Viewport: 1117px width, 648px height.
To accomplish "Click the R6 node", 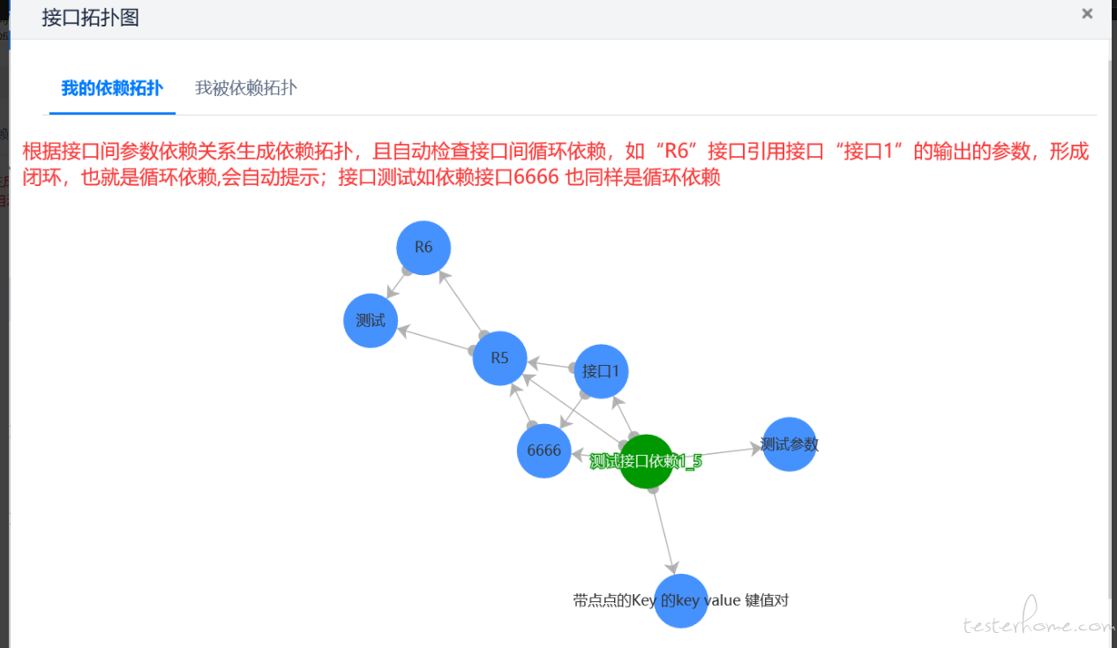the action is coord(424,248).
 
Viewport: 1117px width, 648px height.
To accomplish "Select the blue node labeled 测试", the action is coord(371,321).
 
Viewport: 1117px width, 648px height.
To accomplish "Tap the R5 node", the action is coord(499,358).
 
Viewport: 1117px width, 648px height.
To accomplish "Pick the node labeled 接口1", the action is coord(601,371).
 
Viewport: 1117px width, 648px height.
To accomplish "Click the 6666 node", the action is coord(544,451).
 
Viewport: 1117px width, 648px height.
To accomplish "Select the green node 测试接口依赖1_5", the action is coord(646,461).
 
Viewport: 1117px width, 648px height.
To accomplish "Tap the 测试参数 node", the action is coord(790,444).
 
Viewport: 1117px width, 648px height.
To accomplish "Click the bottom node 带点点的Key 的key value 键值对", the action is coord(681,600).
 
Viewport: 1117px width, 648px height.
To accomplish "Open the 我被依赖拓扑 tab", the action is coord(246,88).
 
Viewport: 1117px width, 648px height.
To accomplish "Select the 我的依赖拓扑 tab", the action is coord(112,88).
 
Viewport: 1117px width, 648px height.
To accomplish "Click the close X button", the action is coord(1087,14).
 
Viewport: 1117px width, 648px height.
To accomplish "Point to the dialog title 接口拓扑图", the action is coord(90,18).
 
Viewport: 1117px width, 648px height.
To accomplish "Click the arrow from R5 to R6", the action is coord(461,302).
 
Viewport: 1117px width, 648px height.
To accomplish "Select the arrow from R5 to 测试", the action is coord(435,339).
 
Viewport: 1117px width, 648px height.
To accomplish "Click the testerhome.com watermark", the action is coord(1038,618).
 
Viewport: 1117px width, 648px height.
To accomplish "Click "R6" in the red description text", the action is coord(677,151).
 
